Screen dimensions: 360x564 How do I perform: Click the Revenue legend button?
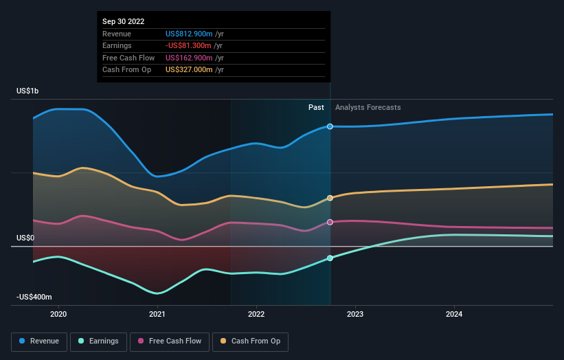coord(40,341)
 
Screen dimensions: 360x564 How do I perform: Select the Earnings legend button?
coord(98,341)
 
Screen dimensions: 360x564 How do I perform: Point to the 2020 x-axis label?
coord(58,315)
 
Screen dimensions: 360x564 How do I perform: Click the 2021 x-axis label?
coord(157,315)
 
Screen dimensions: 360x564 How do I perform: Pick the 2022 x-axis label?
coord(256,315)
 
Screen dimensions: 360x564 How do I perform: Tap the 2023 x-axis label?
coord(355,315)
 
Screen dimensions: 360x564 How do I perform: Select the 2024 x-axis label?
coord(454,315)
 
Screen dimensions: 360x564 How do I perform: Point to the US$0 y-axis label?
coord(26,238)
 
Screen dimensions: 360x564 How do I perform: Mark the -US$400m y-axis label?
coord(34,297)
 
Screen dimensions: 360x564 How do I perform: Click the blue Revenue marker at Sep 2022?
coord(330,126)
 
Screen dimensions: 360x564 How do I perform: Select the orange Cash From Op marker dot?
coord(330,198)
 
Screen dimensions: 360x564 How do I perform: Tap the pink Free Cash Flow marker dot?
coord(330,222)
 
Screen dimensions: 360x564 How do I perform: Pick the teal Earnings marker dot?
coord(330,258)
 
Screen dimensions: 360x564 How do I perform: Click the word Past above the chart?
coord(316,107)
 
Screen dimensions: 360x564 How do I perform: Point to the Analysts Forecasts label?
coord(368,107)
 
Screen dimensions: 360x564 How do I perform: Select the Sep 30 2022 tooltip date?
coord(124,22)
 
